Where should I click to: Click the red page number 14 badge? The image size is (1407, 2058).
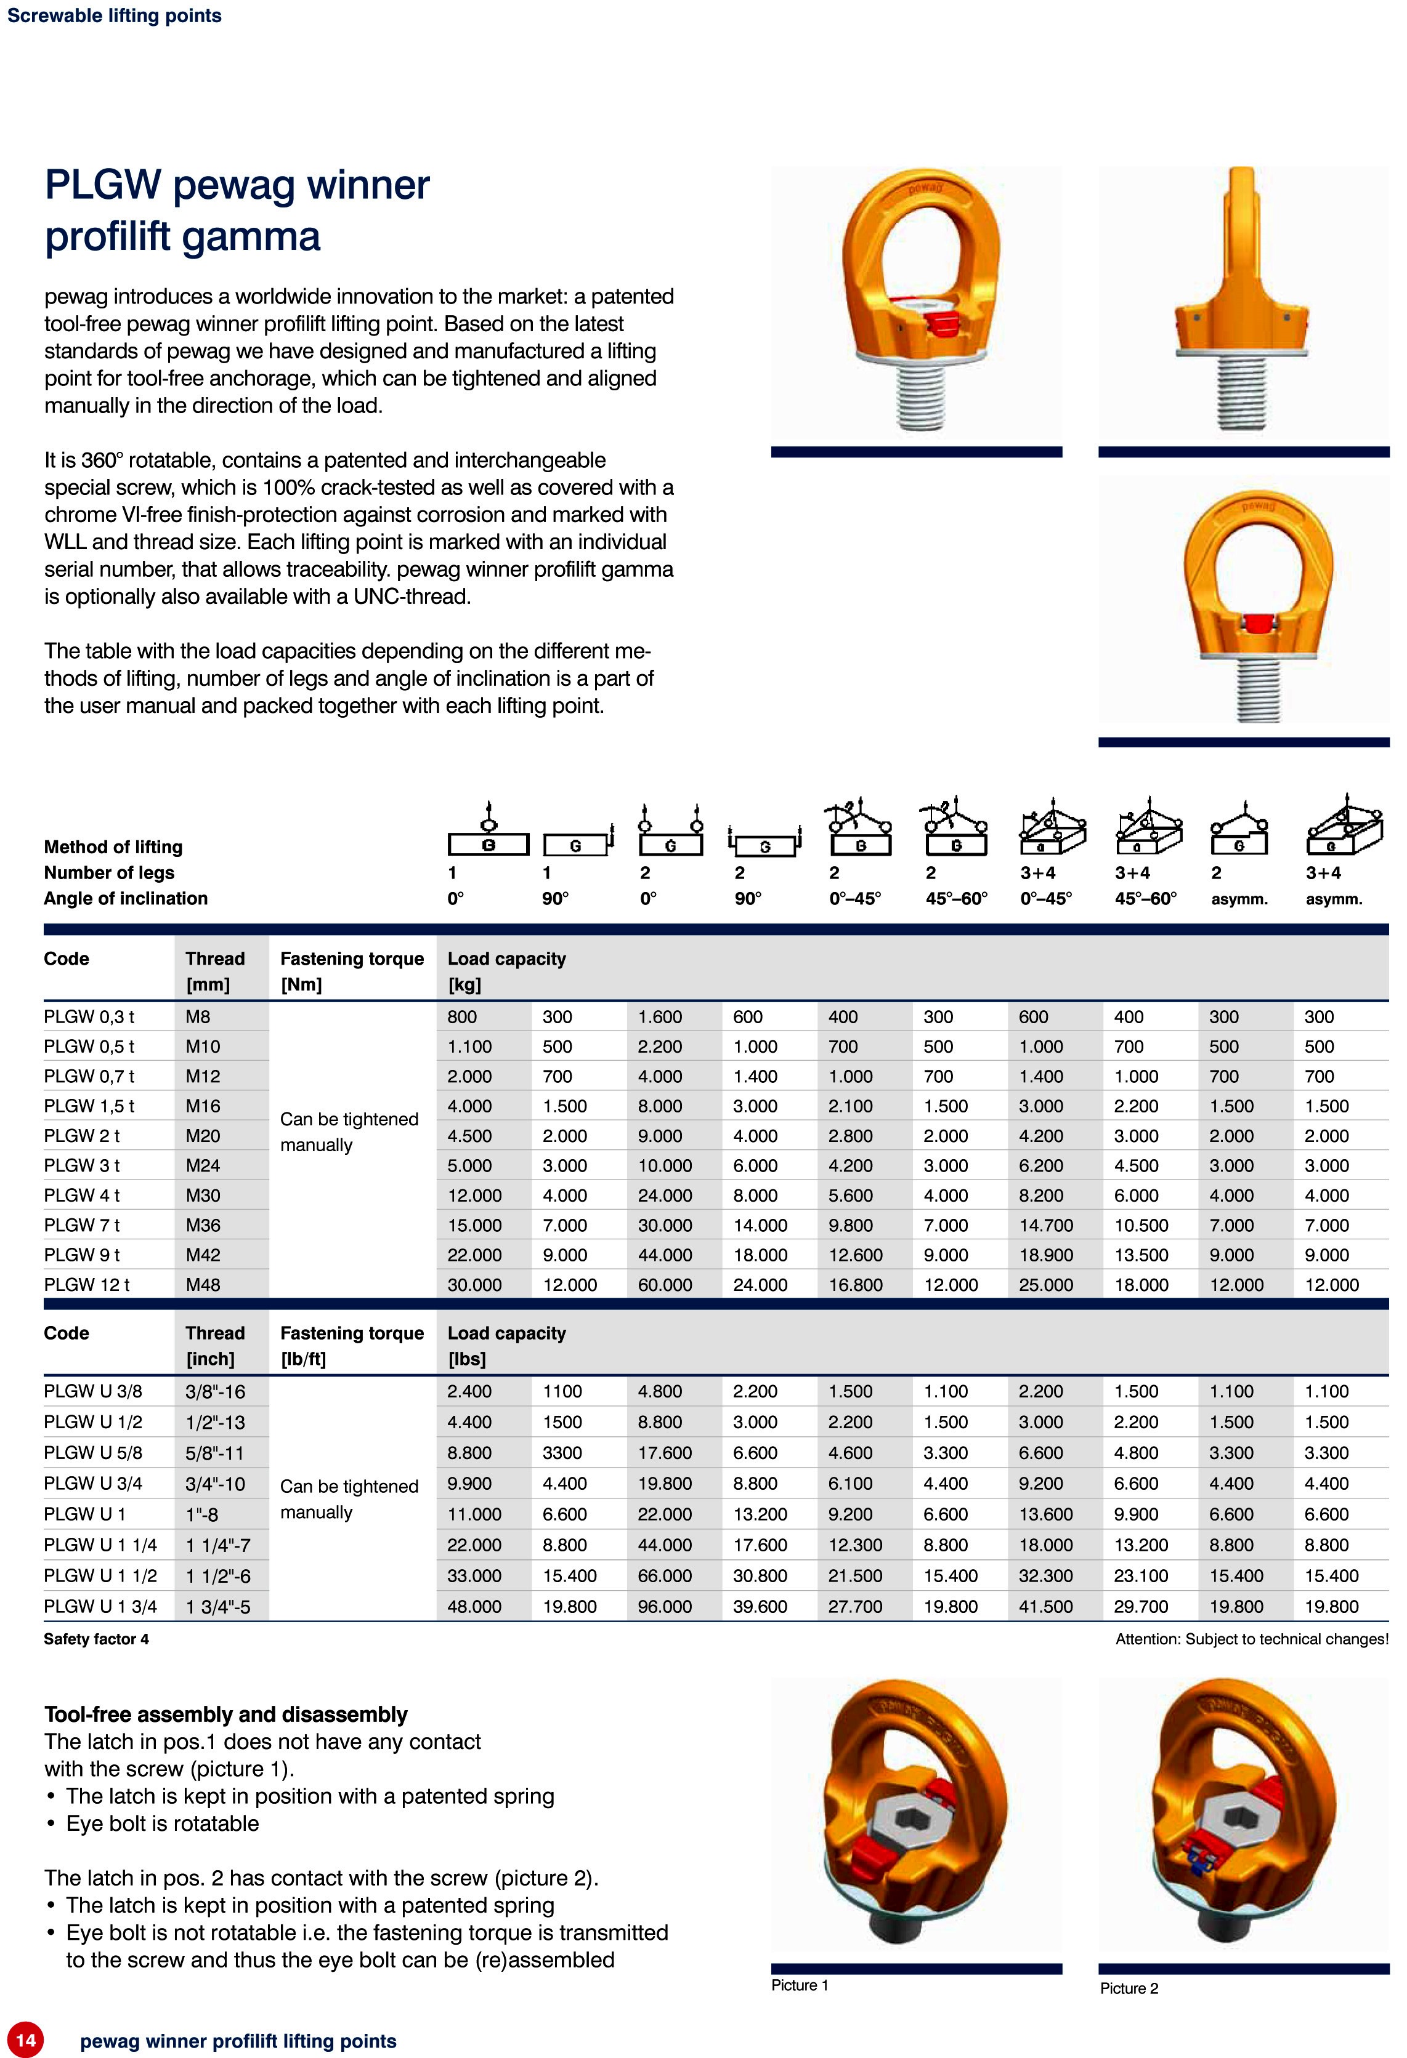click(26, 2040)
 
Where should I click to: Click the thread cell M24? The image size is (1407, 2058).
click(203, 1165)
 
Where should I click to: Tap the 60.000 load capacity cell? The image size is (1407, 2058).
click(665, 1284)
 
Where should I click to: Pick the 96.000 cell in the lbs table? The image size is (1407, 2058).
click(665, 1606)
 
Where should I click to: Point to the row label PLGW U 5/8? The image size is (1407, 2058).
click(93, 1452)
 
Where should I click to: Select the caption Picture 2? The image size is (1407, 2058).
click(1129, 1988)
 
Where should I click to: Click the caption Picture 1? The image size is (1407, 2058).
click(799, 1985)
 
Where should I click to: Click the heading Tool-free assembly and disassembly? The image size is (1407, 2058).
click(226, 1714)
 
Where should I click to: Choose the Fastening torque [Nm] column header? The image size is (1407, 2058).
click(352, 971)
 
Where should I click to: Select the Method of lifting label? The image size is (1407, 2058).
click(113, 846)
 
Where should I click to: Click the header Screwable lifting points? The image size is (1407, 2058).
click(115, 15)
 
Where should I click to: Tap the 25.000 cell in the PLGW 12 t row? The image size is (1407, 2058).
click(1045, 1284)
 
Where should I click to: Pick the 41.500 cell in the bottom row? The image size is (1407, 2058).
click(1045, 1606)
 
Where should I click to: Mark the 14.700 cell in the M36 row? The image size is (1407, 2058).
click(1045, 1224)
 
